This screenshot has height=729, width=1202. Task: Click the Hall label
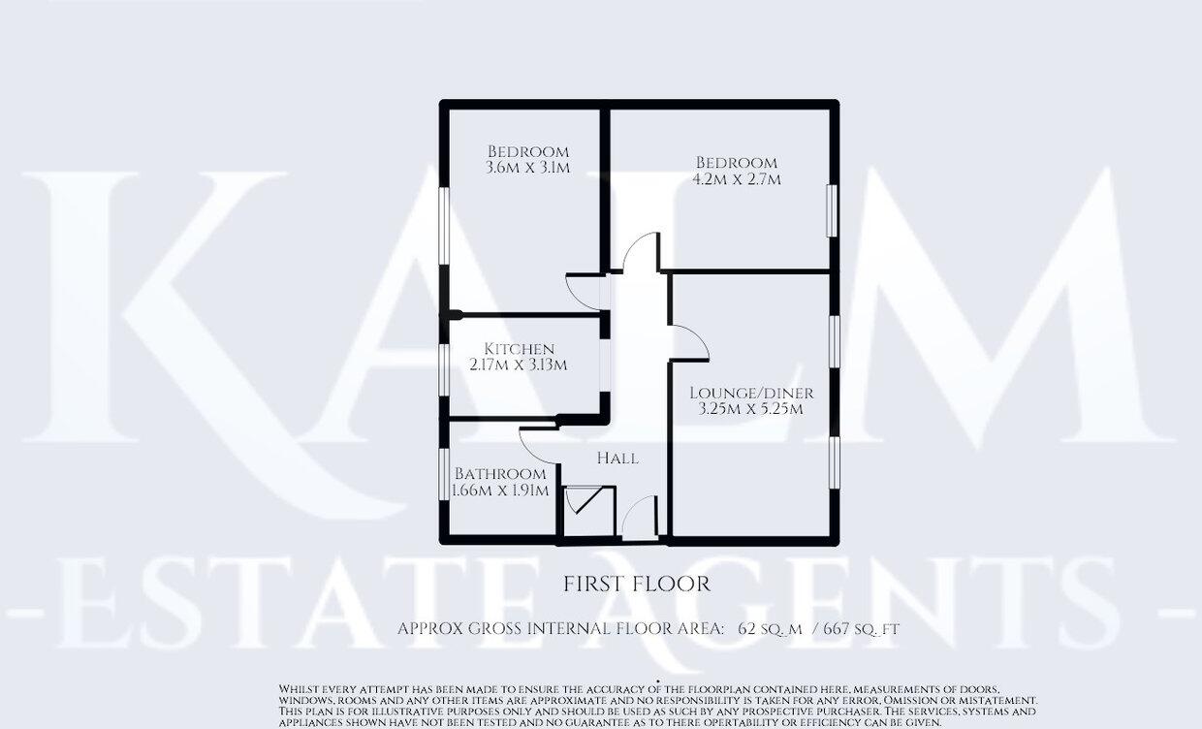click(x=617, y=458)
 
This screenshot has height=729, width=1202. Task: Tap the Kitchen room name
click(x=520, y=349)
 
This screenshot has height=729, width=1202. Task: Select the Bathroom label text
click(x=500, y=474)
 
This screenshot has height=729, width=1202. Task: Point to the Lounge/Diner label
click(x=751, y=393)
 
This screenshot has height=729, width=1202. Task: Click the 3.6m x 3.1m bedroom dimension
click(x=527, y=168)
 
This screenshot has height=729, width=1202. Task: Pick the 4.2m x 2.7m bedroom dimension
click(x=737, y=179)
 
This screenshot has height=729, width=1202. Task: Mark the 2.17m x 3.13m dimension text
click(x=519, y=365)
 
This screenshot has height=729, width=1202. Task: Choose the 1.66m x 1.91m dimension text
click(x=501, y=491)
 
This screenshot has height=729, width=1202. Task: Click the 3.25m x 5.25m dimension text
click(x=752, y=409)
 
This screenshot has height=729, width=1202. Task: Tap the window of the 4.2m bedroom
click(x=831, y=209)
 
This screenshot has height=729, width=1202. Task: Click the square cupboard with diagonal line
click(x=586, y=505)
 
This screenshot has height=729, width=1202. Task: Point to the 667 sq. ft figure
click(x=862, y=629)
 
